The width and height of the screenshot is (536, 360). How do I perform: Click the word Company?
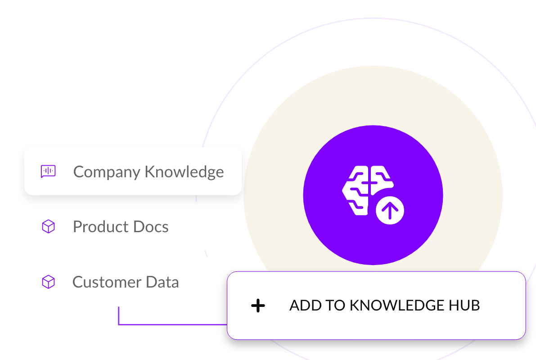pyautogui.click(x=107, y=172)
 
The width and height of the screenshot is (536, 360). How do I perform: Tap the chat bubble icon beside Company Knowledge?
pyautogui.click(x=48, y=171)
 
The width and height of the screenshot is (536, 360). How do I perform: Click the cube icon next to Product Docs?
pyautogui.click(x=48, y=226)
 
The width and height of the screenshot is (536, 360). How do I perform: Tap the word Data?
pyautogui.click(x=162, y=282)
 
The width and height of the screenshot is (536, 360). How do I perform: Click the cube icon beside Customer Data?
pyautogui.click(x=48, y=282)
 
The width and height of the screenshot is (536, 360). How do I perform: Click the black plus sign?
pyautogui.click(x=258, y=306)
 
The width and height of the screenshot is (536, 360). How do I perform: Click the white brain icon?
pyautogui.click(x=365, y=189)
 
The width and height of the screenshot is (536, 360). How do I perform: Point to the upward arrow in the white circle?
pyautogui.click(x=390, y=210)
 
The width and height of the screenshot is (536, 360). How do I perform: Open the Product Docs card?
pyautogui.click(x=133, y=226)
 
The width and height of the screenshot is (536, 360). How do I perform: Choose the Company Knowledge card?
pyautogui.click(x=133, y=171)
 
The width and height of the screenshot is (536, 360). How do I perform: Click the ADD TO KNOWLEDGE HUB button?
pyautogui.click(x=376, y=306)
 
